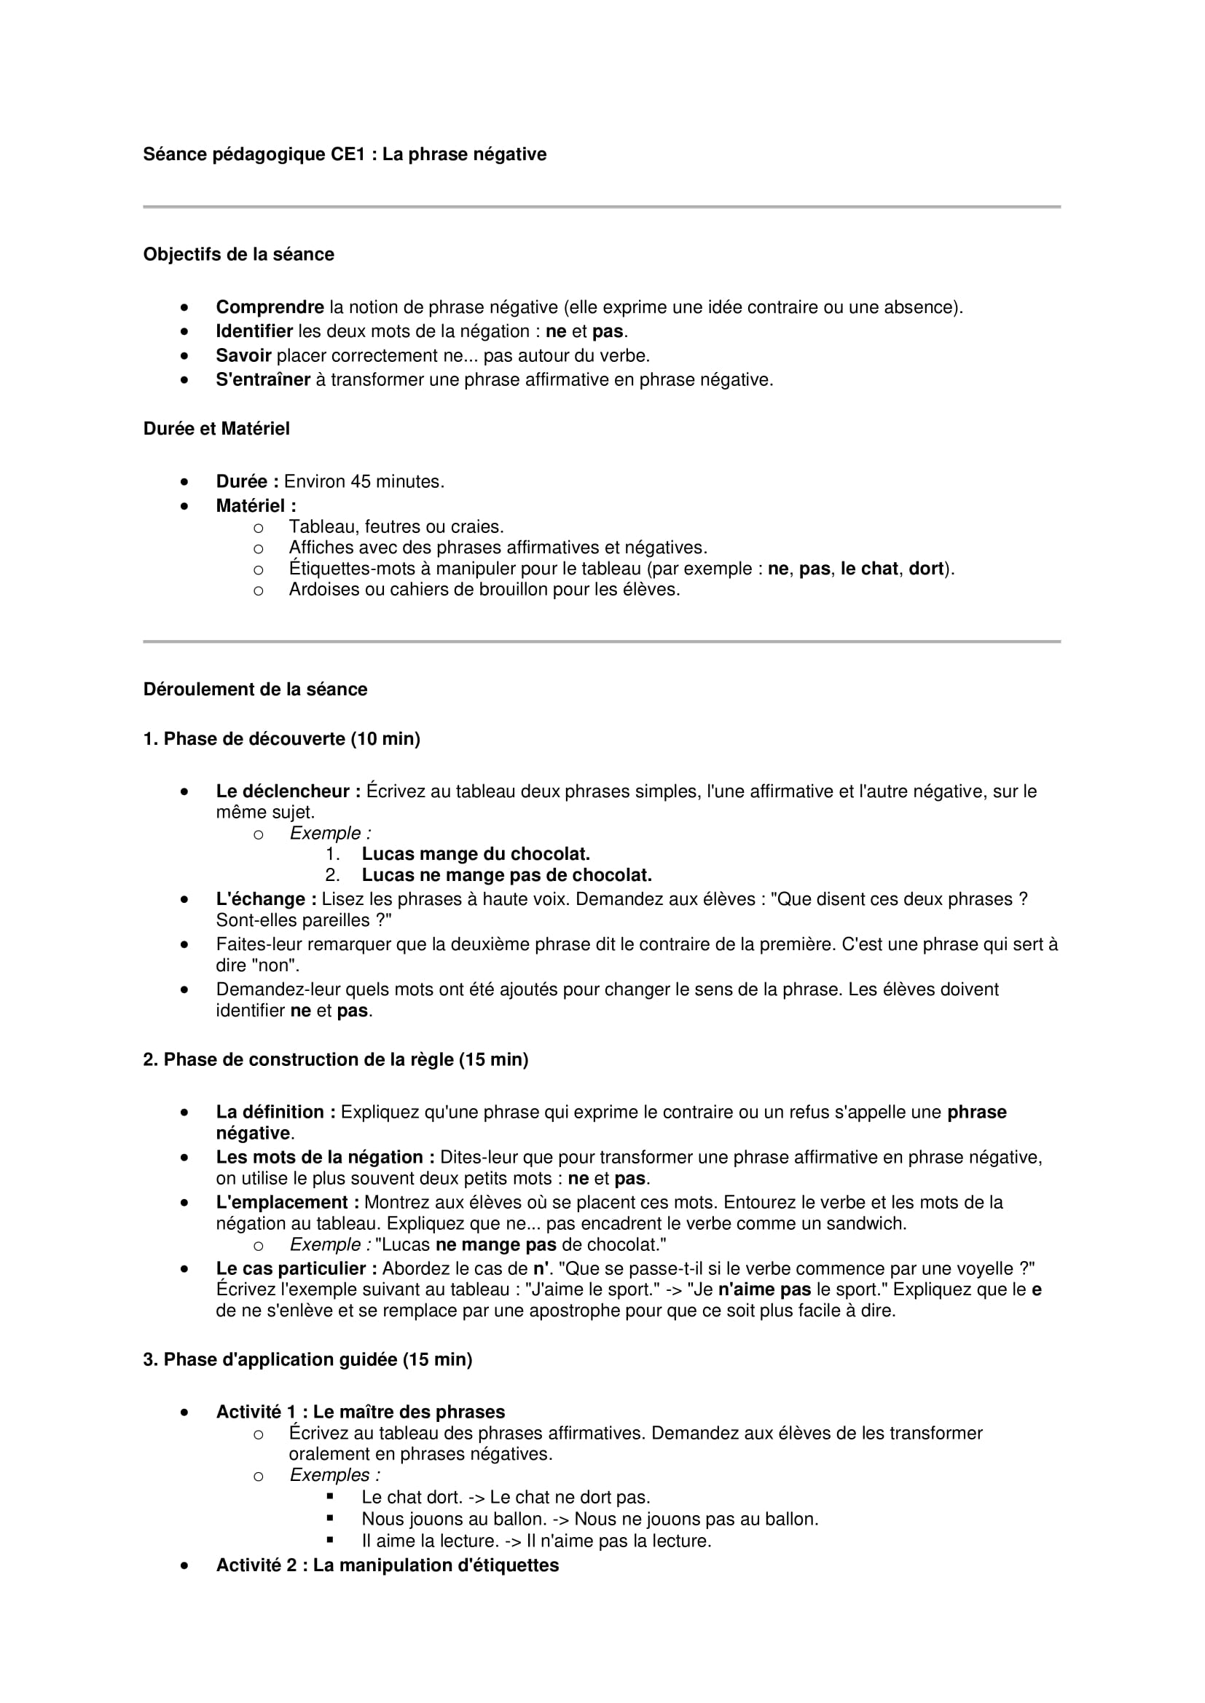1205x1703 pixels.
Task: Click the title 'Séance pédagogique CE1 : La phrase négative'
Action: pyautogui.click(x=345, y=154)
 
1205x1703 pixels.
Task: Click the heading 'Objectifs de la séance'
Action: pyautogui.click(x=238, y=254)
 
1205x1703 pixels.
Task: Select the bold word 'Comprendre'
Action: pyautogui.click(x=270, y=307)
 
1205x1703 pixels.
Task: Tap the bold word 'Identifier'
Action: pyautogui.click(x=254, y=331)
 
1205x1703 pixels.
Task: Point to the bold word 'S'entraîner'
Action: pyautogui.click(x=263, y=380)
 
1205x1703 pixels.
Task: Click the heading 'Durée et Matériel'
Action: pyautogui.click(x=216, y=429)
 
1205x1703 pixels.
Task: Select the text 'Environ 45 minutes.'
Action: pyautogui.click(x=364, y=482)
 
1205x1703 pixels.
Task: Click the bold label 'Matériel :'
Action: pyautogui.click(x=256, y=506)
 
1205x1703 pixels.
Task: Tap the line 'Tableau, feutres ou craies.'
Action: pyautogui.click(x=396, y=527)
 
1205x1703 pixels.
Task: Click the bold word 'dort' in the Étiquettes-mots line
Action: pyautogui.click(x=925, y=569)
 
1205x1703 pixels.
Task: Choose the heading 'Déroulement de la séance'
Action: pyautogui.click(x=255, y=690)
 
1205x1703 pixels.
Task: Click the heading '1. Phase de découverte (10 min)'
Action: pyautogui.click(x=281, y=739)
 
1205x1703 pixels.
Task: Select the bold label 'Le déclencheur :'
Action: pyautogui.click(x=288, y=791)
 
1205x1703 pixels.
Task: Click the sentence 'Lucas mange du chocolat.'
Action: pyautogui.click(x=476, y=855)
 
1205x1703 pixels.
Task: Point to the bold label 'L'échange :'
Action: pyautogui.click(x=266, y=900)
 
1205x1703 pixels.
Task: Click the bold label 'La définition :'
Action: pyautogui.click(x=275, y=1113)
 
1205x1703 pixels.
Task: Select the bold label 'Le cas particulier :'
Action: pyautogui.click(x=297, y=1269)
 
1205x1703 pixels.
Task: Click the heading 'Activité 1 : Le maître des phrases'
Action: pyautogui.click(x=360, y=1412)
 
